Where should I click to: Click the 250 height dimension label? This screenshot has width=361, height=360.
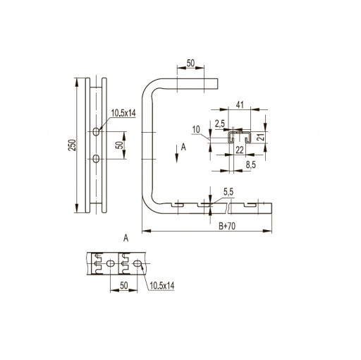click(73, 145)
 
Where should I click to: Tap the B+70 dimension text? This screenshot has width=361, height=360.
click(227, 226)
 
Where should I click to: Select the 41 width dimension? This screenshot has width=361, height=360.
click(240, 105)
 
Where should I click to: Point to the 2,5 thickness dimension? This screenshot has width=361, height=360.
click(220, 124)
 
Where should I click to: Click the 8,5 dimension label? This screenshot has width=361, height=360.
click(251, 165)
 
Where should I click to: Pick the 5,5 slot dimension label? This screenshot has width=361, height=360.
click(228, 192)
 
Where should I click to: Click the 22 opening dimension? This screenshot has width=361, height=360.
click(240, 150)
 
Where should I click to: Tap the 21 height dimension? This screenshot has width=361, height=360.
click(261, 136)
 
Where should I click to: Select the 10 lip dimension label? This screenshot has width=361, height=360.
click(196, 129)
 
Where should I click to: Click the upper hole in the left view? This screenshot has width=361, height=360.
click(96, 131)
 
